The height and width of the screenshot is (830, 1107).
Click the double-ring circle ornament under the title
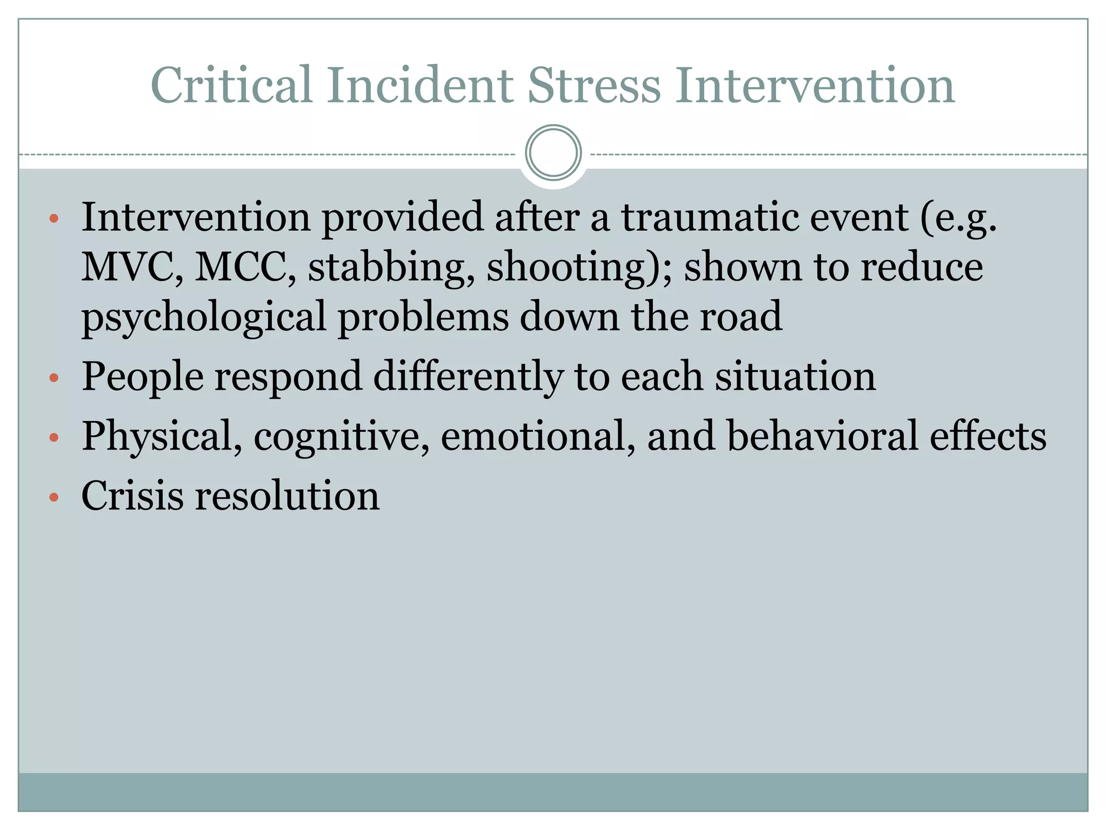tap(553, 153)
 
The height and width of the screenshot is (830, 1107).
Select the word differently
tap(468, 377)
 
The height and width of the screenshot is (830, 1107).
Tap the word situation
tap(795, 377)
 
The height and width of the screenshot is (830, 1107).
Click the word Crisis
tap(132, 496)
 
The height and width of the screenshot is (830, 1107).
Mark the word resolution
tap(287, 496)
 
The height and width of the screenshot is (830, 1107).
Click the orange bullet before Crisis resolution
tap(54, 497)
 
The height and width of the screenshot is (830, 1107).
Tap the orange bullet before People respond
tap(54, 378)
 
